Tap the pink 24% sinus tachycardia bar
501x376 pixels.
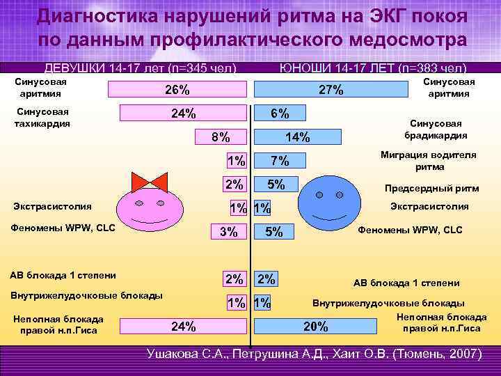pyautogui.click(x=184, y=113)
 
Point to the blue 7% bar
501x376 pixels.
pyautogui.click(x=279, y=161)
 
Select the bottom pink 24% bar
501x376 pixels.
pyautogui.click(x=184, y=326)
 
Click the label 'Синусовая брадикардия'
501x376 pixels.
pyautogui.click(x=438, y=130)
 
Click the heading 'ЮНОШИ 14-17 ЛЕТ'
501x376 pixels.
pyautogui.click(x=372, y=68)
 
